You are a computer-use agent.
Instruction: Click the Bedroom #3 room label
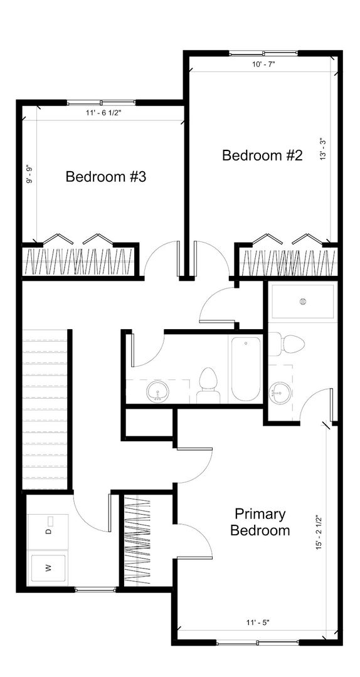coord(106,177)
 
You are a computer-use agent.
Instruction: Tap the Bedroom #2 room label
coord(262,155)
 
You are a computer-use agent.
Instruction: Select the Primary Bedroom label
coord(260,522)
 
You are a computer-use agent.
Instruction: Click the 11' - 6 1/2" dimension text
coord(104,113)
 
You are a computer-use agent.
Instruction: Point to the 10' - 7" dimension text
coord(264,65)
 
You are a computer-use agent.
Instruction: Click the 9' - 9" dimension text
coord(30,175)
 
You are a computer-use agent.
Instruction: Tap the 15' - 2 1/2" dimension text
coord(319,532)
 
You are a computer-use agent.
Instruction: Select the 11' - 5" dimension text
coord(258,622)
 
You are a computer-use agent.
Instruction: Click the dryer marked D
coord(48,531)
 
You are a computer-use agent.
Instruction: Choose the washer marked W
coord(48,568)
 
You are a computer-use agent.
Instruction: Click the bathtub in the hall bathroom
coord(246,369)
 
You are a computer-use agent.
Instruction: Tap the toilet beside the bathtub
coord(208,385)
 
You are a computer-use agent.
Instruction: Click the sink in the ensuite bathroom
coord(280,392)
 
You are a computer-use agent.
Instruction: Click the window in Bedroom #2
coord(263,53)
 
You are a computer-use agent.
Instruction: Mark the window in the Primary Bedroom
coord(258,643)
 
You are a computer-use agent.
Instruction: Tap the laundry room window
coord(95,589)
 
